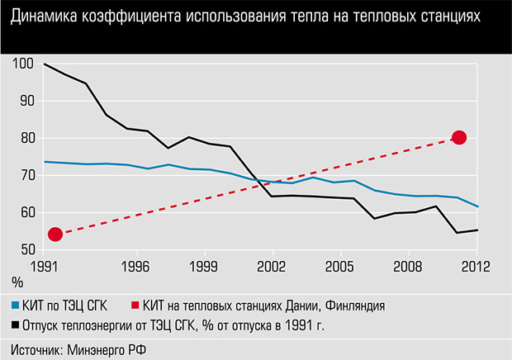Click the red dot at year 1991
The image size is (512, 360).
(x=55, y=234)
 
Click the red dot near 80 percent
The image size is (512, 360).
(x=459, y=137)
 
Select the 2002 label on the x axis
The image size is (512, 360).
(x=272, y=267)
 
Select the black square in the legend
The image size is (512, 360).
(x=15, y=325)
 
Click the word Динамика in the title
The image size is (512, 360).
(x=45, y=17)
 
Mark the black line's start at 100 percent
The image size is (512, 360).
(x=45, y=64)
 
